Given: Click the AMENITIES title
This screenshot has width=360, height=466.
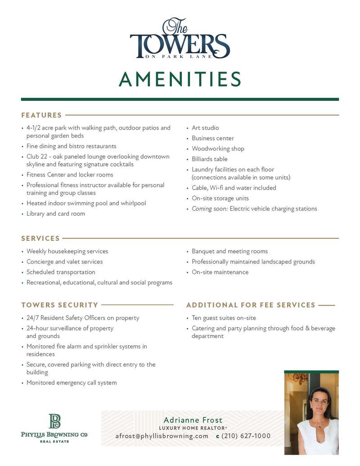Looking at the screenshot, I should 180,79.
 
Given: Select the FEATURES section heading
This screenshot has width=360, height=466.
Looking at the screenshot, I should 41,115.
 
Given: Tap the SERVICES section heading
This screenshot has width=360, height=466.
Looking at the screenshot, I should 40,238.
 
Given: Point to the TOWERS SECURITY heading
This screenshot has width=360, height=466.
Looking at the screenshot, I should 59,305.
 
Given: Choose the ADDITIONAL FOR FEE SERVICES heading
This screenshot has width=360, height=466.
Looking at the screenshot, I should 251,305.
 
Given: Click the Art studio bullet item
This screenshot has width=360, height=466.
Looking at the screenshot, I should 205,128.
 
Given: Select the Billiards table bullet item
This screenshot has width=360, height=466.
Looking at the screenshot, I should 210,159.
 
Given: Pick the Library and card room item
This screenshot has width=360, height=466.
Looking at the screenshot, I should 56,214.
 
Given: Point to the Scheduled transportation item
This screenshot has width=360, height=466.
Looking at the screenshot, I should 61,272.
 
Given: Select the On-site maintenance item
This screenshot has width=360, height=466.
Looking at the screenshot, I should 220,272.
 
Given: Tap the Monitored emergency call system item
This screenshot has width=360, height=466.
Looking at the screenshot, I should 72,383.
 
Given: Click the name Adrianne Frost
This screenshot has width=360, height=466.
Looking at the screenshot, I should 193,420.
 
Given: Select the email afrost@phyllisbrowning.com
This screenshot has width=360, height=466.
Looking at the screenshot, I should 162,436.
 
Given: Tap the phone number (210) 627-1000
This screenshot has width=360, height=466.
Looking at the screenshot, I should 246,436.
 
